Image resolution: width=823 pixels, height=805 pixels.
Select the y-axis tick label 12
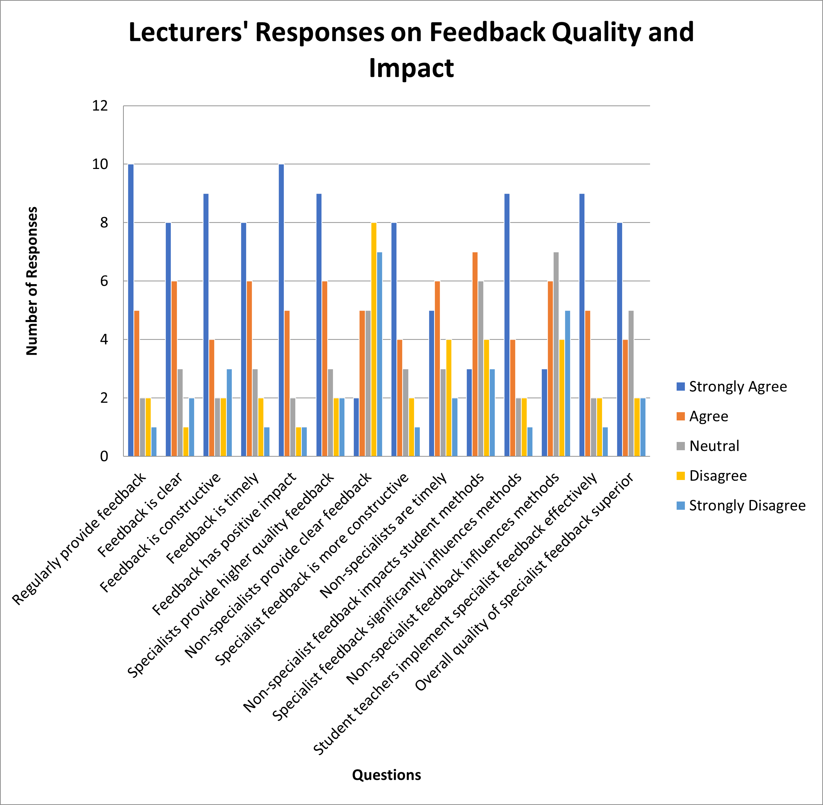click(100, 106)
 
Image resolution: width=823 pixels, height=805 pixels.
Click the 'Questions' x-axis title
click(386, 775)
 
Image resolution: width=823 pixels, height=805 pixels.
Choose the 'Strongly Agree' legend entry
click(738, 386)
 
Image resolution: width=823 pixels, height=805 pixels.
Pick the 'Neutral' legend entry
click(714, 446)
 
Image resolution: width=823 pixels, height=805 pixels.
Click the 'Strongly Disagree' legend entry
click(747, 505)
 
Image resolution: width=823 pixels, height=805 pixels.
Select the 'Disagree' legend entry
click(718, 476)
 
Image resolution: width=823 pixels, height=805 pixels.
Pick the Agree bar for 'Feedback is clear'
click(174, 368)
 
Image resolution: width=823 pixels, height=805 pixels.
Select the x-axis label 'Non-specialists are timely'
click(384, 535)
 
